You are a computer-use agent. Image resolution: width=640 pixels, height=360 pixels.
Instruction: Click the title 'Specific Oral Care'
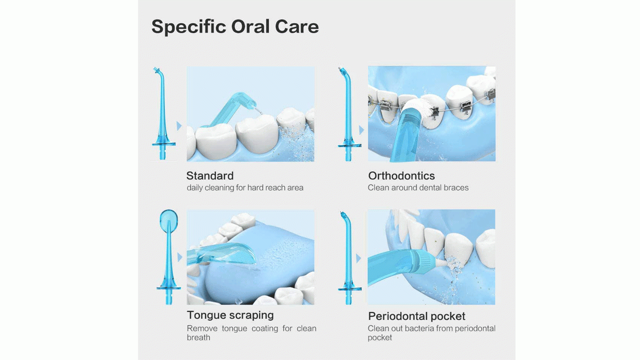235,27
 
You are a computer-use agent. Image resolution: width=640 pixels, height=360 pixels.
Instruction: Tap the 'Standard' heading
210,175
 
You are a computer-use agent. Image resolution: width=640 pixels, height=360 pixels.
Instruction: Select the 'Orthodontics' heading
401,175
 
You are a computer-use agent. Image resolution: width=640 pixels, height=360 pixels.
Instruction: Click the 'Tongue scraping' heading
230,315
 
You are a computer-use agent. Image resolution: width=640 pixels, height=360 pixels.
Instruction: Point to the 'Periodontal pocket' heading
416,316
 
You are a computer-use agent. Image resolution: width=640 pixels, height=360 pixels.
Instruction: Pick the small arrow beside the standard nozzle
179,126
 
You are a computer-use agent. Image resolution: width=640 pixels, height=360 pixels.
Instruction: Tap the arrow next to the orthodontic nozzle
361,130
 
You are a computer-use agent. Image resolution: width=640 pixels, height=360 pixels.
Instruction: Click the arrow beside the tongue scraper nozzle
179,257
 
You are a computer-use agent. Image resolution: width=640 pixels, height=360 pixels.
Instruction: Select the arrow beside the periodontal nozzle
358,258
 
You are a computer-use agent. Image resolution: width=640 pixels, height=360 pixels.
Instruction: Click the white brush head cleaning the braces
416,108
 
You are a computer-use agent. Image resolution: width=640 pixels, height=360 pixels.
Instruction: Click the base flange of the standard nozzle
163,144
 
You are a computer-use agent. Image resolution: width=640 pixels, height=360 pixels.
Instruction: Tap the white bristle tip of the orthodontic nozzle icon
340,69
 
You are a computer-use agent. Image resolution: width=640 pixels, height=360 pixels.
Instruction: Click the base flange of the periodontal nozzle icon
349,289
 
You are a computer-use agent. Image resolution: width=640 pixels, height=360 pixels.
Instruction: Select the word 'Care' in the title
297,27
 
